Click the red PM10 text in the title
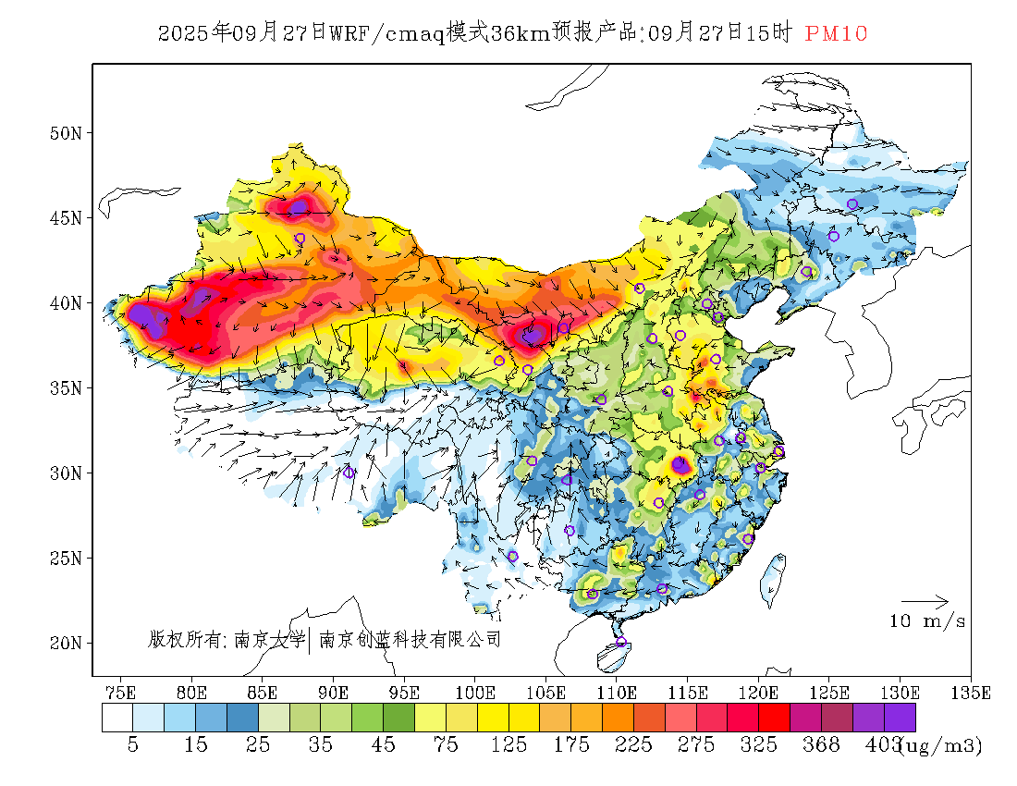click(x=836, y=34)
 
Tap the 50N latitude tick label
click(x=66, y=133)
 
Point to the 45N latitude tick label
click(x=66, y=218)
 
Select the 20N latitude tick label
click(x=66, y=643)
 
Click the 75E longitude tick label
click(x=121, y=692)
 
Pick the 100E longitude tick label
click(x=475, y=692)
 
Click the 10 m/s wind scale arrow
click(x=925, y=602)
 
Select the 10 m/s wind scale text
click(x=927, y=621)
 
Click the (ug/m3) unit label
click(x=941, y=745)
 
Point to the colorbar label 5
click(x=133, y=745)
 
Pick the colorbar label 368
click(x=822, y=745)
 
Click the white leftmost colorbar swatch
click(x=117, y=718)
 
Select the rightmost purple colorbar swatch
click(x=900, y=718)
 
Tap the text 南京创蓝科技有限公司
click(x=410, y=639)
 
